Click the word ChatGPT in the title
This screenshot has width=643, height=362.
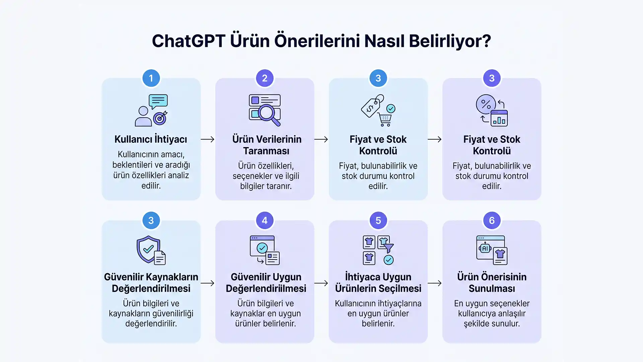click(189, 41)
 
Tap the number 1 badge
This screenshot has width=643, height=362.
click(151, 78)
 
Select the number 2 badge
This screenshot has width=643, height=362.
click(265, 78)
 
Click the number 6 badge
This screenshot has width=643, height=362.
click(492, 221)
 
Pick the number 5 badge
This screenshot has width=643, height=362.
click(378, 221)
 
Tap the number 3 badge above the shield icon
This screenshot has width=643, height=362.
click(151, 221)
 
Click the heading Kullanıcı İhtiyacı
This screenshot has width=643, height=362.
click(151, 139)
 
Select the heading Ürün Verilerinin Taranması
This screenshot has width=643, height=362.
click(267, 145)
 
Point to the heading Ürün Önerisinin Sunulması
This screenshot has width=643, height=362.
click(492, 283)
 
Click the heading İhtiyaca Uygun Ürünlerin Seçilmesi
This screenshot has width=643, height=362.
click(378, 283)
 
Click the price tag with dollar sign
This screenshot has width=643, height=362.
click(372, 106)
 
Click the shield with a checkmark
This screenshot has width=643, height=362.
click(148, 249)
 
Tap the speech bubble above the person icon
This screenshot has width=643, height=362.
click(158, 101)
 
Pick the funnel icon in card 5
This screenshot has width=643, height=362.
click(388, 248)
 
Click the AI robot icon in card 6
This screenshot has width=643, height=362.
click(485, 248)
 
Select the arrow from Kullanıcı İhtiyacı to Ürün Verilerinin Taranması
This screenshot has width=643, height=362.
click(208, 139)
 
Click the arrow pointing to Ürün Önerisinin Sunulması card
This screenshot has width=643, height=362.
click(435, 283)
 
